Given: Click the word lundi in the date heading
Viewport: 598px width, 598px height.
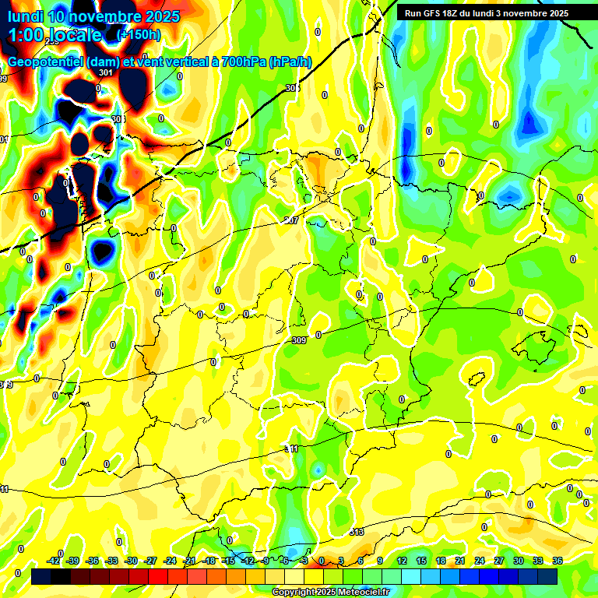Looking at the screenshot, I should (28, 16).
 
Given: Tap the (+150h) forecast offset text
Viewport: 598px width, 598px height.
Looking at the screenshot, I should (138, 34).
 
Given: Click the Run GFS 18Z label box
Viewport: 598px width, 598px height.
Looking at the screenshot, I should (487, 13).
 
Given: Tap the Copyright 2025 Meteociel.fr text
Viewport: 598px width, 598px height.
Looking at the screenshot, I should (330, 593).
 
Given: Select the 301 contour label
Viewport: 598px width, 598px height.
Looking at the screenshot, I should (107, 72).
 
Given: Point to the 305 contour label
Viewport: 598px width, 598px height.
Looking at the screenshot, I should (292, 88).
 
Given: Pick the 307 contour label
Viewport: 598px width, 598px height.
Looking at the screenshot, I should (291, 220).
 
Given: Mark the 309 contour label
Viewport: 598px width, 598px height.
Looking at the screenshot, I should (299, 340).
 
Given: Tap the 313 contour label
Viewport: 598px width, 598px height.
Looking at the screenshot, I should (357, 532).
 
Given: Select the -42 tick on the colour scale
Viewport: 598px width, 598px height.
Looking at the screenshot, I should (54, 561).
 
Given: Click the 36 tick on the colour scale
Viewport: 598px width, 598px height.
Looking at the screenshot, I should (558, 561).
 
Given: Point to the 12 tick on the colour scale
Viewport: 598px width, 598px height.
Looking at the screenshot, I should (402, 561).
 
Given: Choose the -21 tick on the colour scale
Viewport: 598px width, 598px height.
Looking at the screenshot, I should (190, 561).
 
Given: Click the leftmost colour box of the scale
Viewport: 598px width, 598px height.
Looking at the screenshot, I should (41, 576).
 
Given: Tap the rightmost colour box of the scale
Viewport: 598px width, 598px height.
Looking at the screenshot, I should (547, 576).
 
